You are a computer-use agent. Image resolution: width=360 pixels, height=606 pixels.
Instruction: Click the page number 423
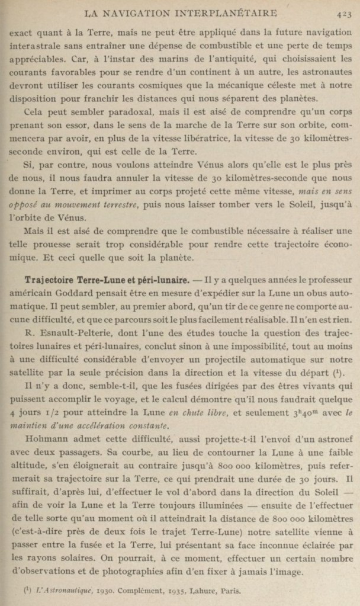coord(343,12)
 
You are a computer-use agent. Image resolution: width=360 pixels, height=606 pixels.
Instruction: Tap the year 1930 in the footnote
coord(101,590)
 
